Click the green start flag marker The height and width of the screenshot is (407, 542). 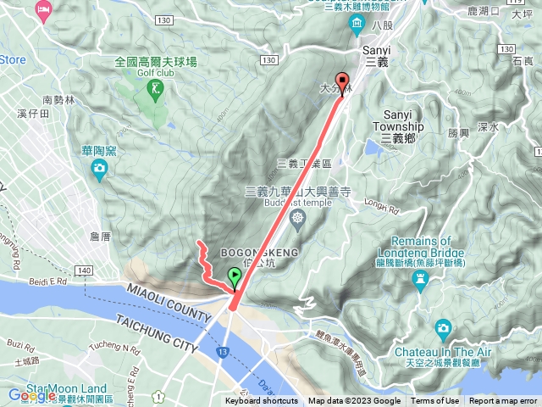coord(234,276)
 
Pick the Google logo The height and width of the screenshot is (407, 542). coord(31,394)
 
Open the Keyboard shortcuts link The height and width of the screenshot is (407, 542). coord(262,401)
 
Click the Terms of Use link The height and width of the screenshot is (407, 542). coord(435,401)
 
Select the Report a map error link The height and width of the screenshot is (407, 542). coord(504,401)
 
